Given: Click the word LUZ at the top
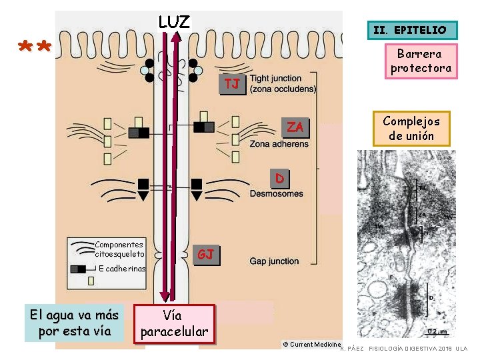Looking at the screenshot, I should [x=174, y=21].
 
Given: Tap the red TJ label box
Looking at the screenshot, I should [x=232, y=84].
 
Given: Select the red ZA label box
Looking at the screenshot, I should [x=295, y=127].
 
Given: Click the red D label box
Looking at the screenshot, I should [x=280, y=178].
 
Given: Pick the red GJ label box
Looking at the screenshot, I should [x=205, y=254].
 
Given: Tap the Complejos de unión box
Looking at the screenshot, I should [x=411, y=129].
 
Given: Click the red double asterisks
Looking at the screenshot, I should [x=35, y=48].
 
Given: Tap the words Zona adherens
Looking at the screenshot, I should [x=279, y=144].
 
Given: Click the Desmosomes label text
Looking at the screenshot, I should [x=276, y=194].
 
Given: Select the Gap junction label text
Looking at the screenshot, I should [x=274, y=261].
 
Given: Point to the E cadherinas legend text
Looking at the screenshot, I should [x=121, y=269].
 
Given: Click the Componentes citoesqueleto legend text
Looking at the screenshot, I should [x=119, y=249].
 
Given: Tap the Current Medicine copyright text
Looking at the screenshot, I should [x=311, y=344].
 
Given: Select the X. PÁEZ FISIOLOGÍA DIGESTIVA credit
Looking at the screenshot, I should [x=403, y=349].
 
